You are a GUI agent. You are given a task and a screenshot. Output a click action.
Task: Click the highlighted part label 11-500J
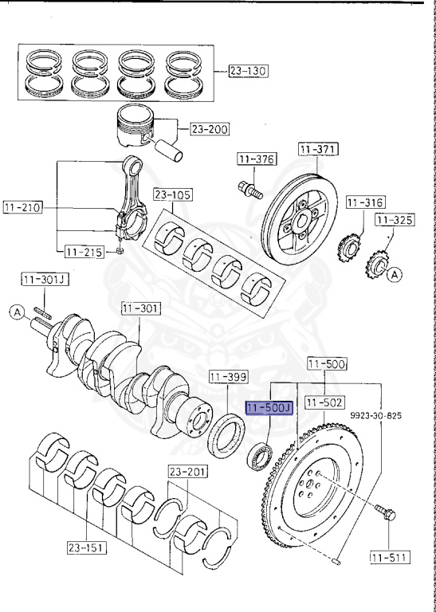click(269, 408)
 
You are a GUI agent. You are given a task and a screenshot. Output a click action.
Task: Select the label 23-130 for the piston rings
click(248, 71)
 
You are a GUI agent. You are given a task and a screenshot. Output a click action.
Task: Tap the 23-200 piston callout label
click(210, 129)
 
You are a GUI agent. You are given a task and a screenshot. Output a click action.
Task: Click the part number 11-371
click(319, 149)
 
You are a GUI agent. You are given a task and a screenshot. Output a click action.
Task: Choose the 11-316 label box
click(366, 202)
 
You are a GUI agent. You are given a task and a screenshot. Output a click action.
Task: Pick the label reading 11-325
click(395, 220)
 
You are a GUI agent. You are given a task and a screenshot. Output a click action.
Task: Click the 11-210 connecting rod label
click(22, 207)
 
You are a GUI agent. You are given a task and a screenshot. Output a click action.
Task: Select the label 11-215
click(84, 252)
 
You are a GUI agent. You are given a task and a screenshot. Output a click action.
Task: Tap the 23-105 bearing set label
click(173, 194)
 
